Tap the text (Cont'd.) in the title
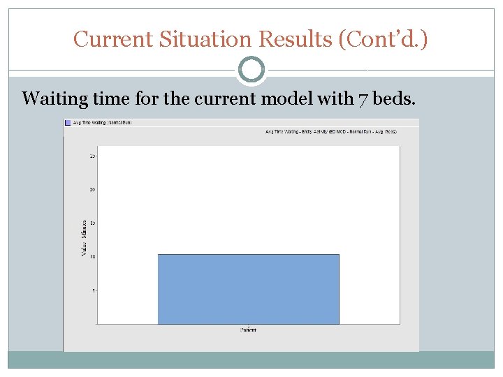(383, 39)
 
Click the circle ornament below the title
(251, 70)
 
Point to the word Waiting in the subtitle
(54, 98)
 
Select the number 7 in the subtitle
(363, 98)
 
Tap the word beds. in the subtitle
(395, 98)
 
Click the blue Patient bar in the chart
(248, 289)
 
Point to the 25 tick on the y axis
(92, 156)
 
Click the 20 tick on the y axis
(92, 189)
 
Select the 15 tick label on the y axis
(92, 223)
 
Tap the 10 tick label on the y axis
(92, 256)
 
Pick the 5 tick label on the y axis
(94, 290)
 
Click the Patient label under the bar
(248, 330)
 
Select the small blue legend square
(68, 122)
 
